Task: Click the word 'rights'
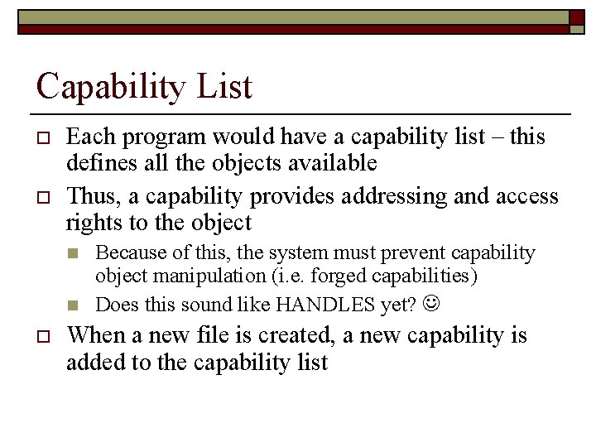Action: click(x=92, y=222)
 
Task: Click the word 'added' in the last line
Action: click(x=92, y=362)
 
